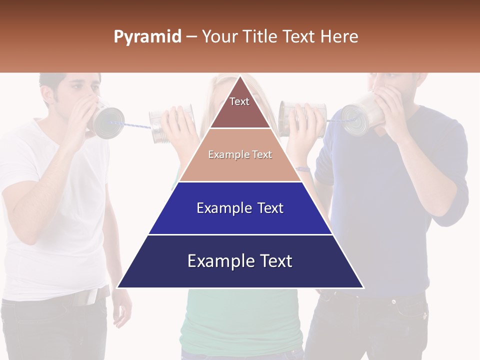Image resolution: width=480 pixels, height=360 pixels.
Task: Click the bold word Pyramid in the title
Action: pos(147,37)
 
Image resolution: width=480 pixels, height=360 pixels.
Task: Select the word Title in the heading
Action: pos(259,37)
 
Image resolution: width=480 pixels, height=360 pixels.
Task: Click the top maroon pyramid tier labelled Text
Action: pos(240,107)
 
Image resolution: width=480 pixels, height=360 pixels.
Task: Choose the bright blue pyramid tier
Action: pos(240,208)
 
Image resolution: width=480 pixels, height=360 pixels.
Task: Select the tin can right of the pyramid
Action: pos(300,118)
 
